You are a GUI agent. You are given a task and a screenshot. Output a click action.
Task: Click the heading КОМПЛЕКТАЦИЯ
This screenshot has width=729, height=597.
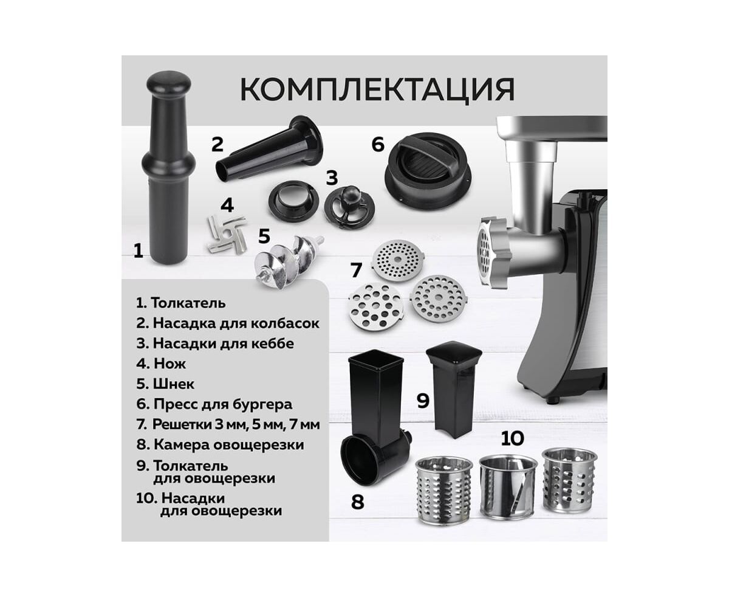point(377,89)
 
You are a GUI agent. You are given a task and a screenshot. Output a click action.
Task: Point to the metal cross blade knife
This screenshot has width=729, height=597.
point(227,235)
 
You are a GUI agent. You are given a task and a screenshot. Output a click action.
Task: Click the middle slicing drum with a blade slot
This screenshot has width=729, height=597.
point(509,488)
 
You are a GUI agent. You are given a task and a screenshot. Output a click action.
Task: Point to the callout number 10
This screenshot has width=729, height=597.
point(512,438)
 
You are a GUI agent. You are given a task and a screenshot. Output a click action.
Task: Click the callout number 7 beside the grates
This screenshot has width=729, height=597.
point(357,270)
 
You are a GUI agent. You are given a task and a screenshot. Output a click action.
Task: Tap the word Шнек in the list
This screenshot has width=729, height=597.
point(174,384)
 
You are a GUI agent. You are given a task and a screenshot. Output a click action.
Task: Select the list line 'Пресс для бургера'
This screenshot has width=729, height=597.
point(214,404)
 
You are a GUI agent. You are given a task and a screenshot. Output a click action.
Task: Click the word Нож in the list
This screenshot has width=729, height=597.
point(169,364)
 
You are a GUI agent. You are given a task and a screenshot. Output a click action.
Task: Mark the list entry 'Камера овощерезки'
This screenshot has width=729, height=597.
point(220,444)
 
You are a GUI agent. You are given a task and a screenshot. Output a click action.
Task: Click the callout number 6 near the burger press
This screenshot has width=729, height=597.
point(378,144)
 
